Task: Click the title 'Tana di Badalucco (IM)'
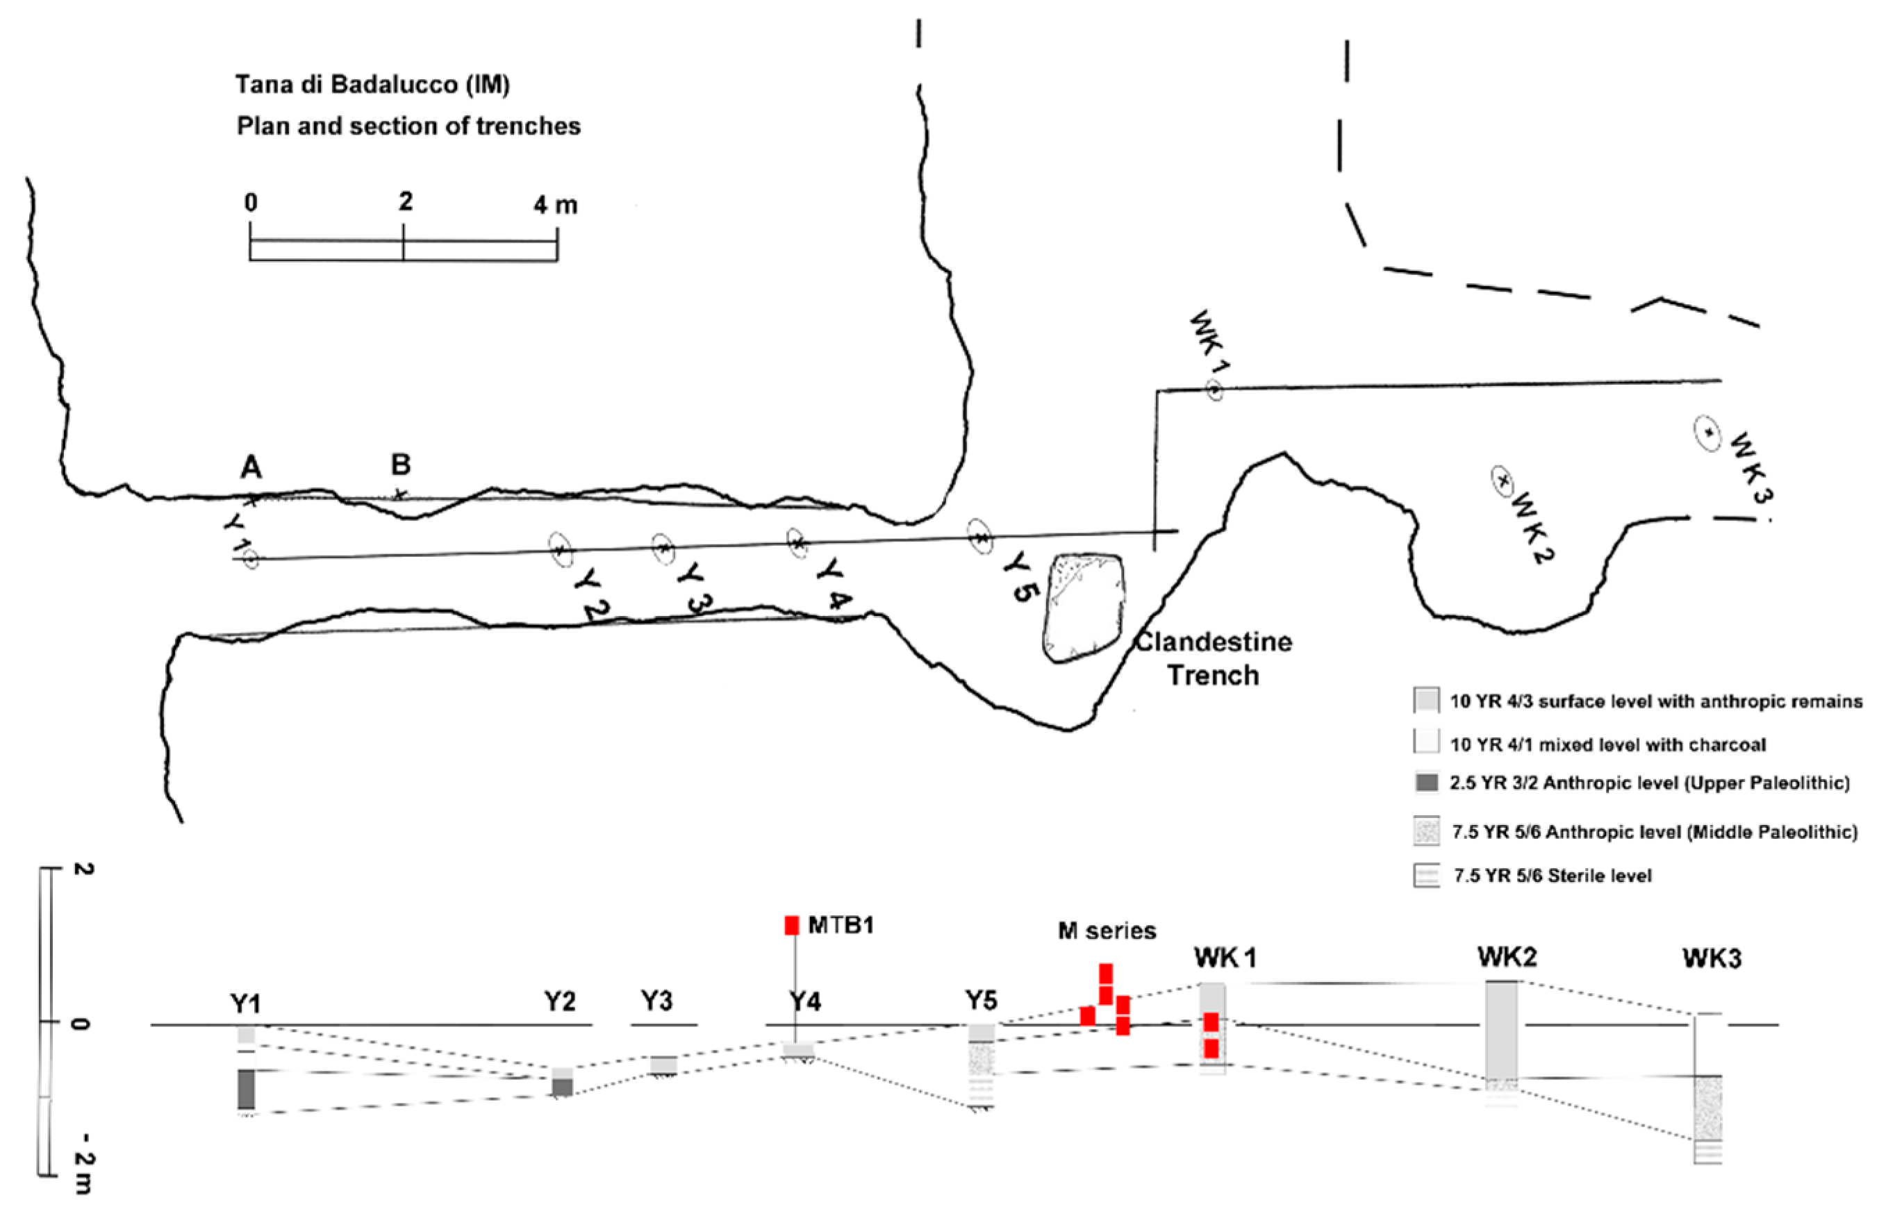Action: [372, 85]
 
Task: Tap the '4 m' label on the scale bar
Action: [555, 206]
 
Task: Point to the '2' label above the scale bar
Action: [405, 202]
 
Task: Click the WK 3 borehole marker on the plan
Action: [1708, 433]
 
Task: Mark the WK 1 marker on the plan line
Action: [1215, 390]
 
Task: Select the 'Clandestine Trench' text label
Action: [1214, 658]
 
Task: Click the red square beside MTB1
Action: [791, 924]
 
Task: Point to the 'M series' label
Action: [1107, 931]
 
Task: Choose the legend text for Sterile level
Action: [1552, 876]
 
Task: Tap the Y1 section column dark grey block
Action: [247, 1089]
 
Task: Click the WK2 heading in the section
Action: [1507, 957]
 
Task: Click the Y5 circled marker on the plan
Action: [980, 538]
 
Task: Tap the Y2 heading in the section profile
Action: [559, 1001]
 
